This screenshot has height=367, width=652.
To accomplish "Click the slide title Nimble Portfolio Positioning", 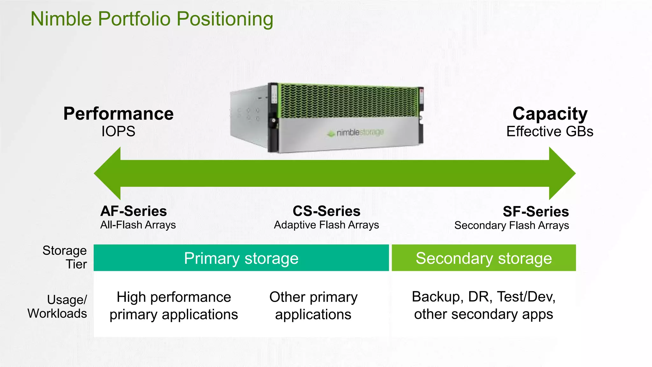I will coord(152,19).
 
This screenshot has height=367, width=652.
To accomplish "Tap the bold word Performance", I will coord(118,114).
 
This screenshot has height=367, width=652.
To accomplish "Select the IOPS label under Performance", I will coord(118,131).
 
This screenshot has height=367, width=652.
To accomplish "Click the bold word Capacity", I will coord(550,114).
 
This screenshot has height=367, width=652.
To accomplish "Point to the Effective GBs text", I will coord(550,131).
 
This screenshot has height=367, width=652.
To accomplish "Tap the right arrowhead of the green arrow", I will coord(562,173).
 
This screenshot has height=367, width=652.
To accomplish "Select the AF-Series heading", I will coord(133,211).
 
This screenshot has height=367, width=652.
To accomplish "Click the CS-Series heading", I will coord(326,211).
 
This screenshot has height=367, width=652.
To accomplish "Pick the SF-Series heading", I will coord(535,212).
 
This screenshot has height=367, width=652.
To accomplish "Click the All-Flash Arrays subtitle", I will coord(138,225).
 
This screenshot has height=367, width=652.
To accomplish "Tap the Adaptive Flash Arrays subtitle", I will coord(326,225).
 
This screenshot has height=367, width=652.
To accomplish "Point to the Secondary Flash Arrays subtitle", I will coord(511,226).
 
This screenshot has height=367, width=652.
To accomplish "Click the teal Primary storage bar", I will coord(241,258).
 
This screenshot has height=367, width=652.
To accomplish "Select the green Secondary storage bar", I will coord(484,258).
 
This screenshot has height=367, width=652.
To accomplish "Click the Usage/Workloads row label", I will coord(58,306).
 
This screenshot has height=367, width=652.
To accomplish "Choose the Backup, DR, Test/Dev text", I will coord(483,297).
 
